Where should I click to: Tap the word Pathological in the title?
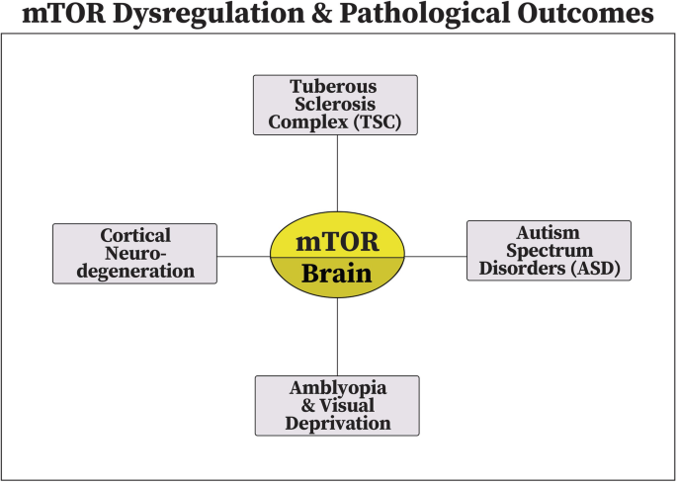(x=425, y=14)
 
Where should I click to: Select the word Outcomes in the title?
(x=585, y=14)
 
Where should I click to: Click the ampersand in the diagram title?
(x=320, y=14)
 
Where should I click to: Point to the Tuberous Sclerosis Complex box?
(x=335, y=105)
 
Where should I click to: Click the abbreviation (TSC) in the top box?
(x=378, y=122)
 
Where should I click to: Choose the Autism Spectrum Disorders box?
(x=549, y=251)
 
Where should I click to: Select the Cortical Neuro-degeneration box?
(x=134, y=254)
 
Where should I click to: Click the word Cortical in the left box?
(x=135, y=236)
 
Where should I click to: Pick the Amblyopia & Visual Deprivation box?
(x=337, y=406)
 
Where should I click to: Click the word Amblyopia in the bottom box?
(x=338, y=388)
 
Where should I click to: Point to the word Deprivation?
(x=338, y=424)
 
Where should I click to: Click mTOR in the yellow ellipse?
(x=337, y=242)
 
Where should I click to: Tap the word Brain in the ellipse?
(x=337, y=274)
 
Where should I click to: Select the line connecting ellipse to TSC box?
(x=337, y=174)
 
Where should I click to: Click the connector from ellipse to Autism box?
(x=436, y=257)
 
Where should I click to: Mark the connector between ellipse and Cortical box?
(x=243, y=257)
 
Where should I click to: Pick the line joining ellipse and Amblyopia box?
(x=337, y=337)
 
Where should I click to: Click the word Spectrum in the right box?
(x=550, y=251)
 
